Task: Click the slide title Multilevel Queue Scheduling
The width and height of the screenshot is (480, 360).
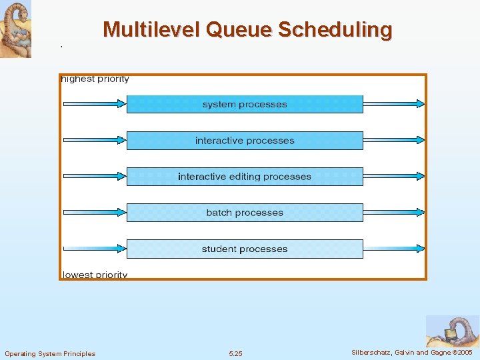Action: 247,30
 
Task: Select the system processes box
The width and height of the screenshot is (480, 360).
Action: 245,104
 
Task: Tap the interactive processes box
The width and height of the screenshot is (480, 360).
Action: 245,141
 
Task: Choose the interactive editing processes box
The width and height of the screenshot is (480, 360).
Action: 245,177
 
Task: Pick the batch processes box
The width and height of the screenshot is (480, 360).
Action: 245,213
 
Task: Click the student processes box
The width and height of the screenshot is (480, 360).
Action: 245,249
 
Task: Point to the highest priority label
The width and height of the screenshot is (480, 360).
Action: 95,79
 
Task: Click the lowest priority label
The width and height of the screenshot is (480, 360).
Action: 95,275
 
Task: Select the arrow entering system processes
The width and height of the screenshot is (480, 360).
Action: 94,103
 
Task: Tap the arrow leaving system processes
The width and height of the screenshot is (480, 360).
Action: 394,103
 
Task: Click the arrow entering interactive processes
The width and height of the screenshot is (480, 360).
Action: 94,140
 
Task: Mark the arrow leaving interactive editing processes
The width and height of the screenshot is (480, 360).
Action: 394,176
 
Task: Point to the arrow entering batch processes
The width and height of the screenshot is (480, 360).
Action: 94,212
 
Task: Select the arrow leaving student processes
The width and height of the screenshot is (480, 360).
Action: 394,249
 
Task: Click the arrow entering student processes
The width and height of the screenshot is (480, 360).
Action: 94,249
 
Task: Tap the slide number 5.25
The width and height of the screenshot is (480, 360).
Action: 235,353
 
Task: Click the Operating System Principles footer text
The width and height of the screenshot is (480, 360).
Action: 50,353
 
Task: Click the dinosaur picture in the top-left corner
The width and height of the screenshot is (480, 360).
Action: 15,29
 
